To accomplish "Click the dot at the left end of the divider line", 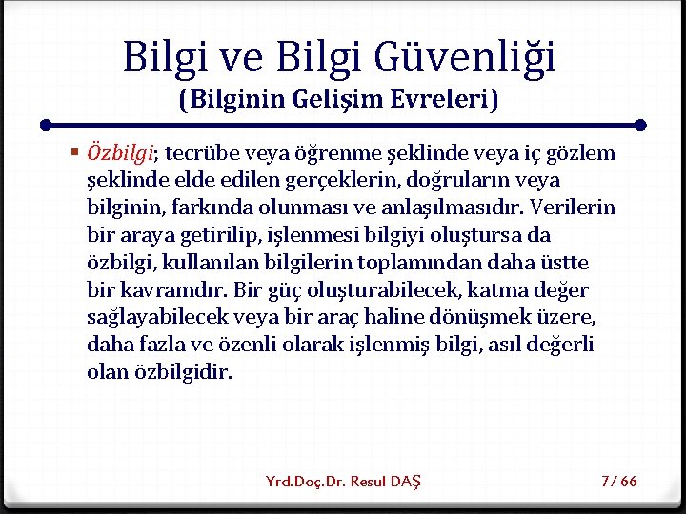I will point(45,125).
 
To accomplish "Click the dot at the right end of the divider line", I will point(640,125).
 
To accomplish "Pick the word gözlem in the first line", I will point(584,153).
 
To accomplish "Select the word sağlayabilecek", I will point(148,317).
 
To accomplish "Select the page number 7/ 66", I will point(619,482).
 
